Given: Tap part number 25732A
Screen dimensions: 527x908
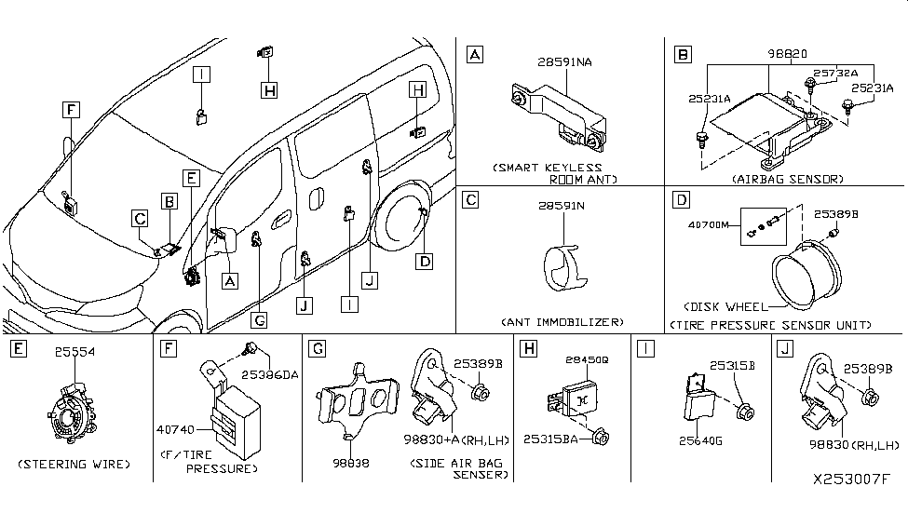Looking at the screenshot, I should tap(833, 73).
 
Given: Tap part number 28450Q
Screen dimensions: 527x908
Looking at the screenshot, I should tap(583, 358).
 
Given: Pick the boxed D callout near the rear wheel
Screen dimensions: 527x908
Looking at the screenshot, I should tap(424, 262).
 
